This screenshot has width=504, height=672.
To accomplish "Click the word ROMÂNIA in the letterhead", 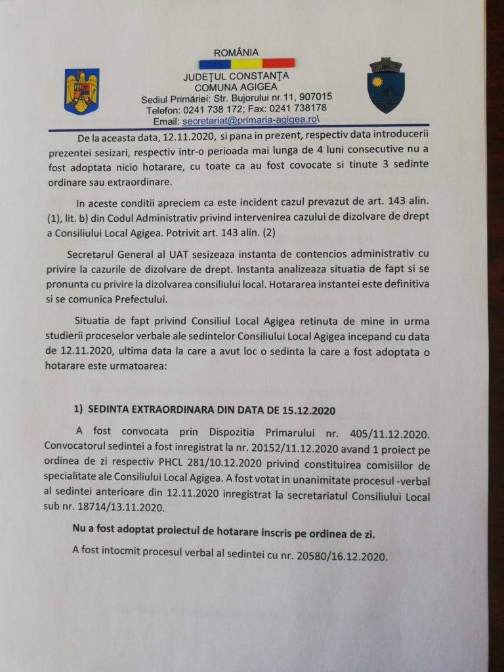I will point(236,52).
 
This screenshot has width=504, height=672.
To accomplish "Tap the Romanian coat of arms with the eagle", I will point(81,91).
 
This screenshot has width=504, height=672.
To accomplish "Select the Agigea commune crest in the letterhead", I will point(385,85).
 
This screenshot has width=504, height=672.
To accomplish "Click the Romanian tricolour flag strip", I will point(246,64).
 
